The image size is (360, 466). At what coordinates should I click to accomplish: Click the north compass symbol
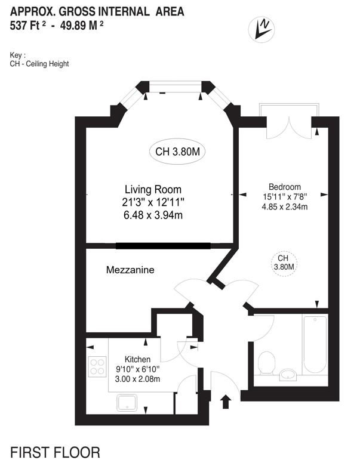click(x=261, y=29)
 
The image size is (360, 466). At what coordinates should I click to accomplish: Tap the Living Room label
click(x=153, y=190)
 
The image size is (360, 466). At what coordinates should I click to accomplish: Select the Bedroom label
click(x=285, y=187)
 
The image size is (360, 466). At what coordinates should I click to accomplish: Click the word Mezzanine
click(x=130, y=270)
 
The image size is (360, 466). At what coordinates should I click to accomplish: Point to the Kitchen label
click(x=137, y=359)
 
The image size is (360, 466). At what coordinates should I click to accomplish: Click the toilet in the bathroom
click(x=266, y=363)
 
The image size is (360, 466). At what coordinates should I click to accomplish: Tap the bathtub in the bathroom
click(x=315, y=344)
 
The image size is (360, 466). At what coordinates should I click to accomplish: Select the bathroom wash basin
click(x=288, y=375)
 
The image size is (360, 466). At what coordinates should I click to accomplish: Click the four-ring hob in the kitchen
click(x=97, y=366)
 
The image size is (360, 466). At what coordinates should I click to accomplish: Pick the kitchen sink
click(x=127, y=403)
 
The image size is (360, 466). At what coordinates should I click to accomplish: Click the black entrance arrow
click(x=226, y=402)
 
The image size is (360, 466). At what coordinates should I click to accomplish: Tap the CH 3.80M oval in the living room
click(x=177, y=152)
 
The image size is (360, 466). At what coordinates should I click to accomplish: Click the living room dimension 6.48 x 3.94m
click(x=153, y=215)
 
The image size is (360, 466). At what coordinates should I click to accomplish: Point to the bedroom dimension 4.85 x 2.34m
click(x=285, y=206)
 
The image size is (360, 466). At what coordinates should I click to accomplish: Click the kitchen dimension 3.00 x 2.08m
click(x=137, y=379)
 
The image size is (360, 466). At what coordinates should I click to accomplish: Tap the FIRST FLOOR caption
click(x=56, y=452)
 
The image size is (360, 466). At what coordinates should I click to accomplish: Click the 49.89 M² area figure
click(x=82, y=26)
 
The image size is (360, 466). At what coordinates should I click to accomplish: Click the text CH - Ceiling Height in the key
click(x=39, y=64)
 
